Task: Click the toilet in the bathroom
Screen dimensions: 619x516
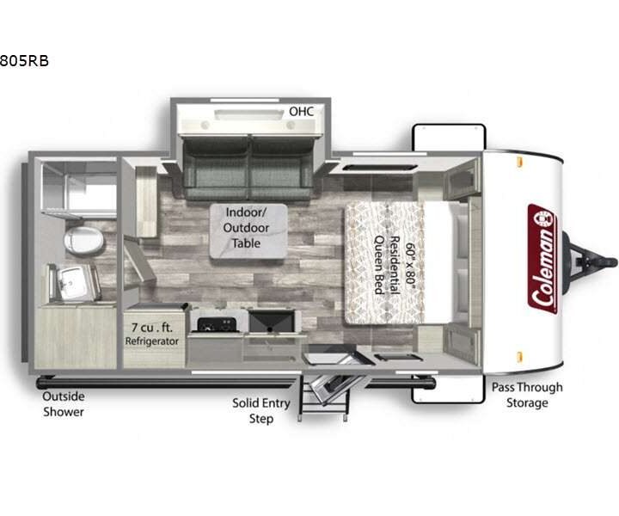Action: pyautogui.click(x=83, y=240)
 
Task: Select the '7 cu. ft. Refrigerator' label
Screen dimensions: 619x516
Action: pyautogui.click(x=152, y=334)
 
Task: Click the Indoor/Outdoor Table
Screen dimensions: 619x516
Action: pyautogui.click(x=248, y=231)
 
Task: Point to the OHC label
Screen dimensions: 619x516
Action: pyautogui.click(x=302, y=111)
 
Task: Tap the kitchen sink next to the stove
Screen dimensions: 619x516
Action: pyautogui.click(x=272, y=322)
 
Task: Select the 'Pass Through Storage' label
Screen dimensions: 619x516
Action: pyautogui.click(x=527, y=395)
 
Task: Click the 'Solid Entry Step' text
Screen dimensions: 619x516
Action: pyautogui.click(x=261, y=410)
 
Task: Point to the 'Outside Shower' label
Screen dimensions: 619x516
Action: pyautogui.click(x=64, y=404)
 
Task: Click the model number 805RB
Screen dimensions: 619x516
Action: pyautogui.click(x=24, y=61)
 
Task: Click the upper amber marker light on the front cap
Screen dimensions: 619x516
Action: pyautogui.click(x=519, y=161)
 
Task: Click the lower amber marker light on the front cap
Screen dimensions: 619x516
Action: pyautogui.click(x=519, y=357)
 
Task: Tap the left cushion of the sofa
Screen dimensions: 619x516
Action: pyautogui.click(x=217, y=168)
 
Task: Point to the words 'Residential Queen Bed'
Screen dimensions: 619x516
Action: pyautogui.click(x=388, y=265)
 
